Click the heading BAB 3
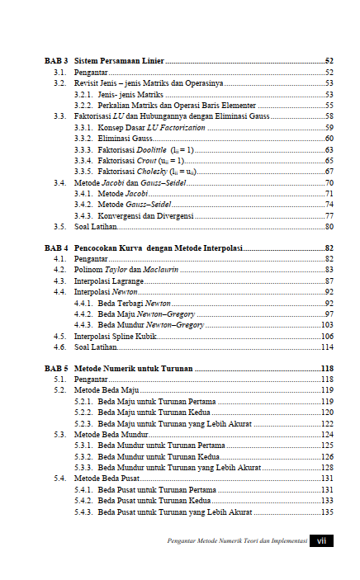[x=55, y=62]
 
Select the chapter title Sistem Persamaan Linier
[x=119, y=62]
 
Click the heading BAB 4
[x=55, y=248]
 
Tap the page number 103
[x=327, y=325]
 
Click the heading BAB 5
[x=55, y=368]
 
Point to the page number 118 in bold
[x=327, y=368]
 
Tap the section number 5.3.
[x=59, y=433]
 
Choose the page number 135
[x=327, y=512]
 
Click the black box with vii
[x=321, y=541]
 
